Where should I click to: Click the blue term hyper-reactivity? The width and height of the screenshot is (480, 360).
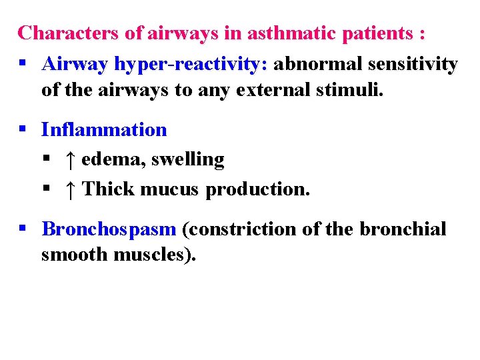coord(191,64)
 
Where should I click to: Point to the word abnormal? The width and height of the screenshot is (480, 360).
coord(314,64)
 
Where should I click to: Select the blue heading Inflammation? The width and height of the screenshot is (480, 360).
coord(104,129)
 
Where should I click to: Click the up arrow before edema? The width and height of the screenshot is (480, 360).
coord(70,159)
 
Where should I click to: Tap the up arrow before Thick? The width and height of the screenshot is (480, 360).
coord(70,189)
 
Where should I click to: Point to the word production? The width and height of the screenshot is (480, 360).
coord(257,189)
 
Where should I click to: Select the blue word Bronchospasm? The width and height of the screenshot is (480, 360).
coord(109,229)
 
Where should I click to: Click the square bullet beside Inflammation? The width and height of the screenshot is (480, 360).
coord(23,129)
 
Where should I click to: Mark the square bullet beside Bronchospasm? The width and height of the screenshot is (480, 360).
coord(23,229)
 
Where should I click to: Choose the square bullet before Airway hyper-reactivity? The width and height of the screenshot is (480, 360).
coord(23,64)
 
